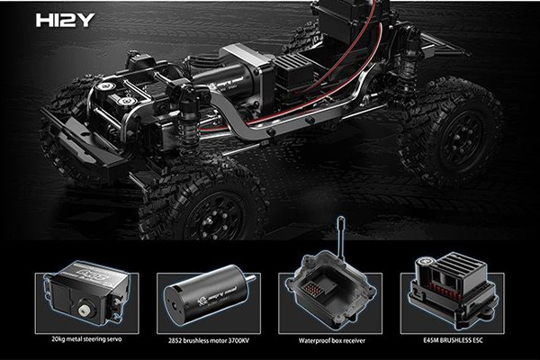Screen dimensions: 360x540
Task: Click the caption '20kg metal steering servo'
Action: tap(84, 339)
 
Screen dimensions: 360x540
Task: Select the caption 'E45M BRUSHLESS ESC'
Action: tap(452, 340)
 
